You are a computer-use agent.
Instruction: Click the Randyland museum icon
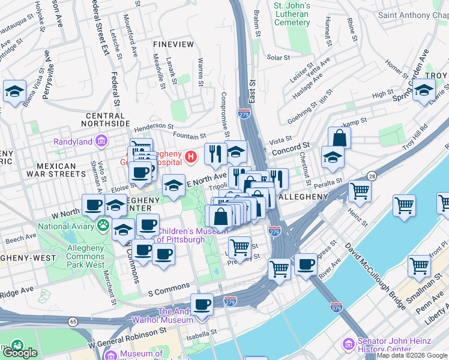101,142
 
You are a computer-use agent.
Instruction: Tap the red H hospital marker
191,157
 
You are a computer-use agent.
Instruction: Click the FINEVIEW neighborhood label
173,44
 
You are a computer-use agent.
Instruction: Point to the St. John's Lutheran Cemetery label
292,14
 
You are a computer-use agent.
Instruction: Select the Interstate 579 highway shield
336,307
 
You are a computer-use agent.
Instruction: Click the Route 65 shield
73,322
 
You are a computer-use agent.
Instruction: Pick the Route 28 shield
372,175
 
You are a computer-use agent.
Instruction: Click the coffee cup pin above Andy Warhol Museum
202,304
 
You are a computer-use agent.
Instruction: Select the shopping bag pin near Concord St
339,137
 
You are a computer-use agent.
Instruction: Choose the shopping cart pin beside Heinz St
360,190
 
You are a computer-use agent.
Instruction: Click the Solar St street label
279,58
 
